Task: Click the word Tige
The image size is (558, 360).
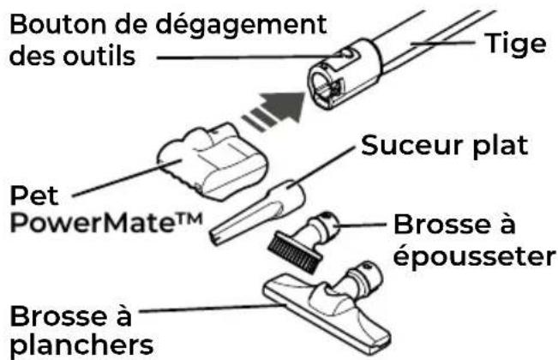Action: (515, 44)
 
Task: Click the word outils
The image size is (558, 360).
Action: (99, 57)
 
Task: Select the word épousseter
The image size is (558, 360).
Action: (474, 256)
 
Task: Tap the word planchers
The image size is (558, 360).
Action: (81, 345)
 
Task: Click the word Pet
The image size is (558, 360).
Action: (34, 195)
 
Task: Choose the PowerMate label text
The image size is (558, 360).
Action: (106, 223)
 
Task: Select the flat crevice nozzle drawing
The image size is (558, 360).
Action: (257, 213)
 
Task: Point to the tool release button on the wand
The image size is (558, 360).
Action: (347, 54)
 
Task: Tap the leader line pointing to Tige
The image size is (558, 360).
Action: (442, 43)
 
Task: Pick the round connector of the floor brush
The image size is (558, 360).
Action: (367, 275)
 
